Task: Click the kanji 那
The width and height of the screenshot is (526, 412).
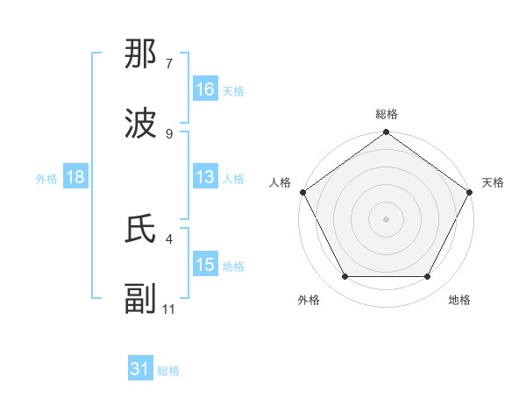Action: pyautogui.click(x=141, y=57)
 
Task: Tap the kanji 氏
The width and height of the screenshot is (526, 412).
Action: pyautogui.click(x=141, y=231)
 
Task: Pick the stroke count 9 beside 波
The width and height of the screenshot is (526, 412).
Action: pyautogui.click(x=169, y=133)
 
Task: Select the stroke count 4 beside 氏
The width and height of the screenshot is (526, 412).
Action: pyautogui.click(x=169, y=238)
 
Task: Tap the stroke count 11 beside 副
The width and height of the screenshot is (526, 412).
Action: pyautogui.click(x=169, y=308)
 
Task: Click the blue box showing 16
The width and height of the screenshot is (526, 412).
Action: pyautogui.click(x=205, y=89)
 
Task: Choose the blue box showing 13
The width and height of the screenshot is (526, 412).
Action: pyautogui.click(x=205, y=177)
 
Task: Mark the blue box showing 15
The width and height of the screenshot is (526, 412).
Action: pyautogui.click(x=205, y=265)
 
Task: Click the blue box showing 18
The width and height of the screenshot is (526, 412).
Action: pyautogui.click(x=75, y=177)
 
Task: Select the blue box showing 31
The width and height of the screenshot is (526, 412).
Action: pyautogui.click(x=140, y=370)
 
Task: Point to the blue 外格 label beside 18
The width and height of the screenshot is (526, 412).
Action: pyautogui.click(x=46, y=178)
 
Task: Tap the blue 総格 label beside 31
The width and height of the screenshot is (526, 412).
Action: pyautogui.click(x=168, y=371)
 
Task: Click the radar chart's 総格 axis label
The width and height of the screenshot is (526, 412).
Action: pyautogui.click(x=386, y=114)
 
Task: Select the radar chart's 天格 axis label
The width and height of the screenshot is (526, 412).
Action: pyautogui.click(x=493, y=182)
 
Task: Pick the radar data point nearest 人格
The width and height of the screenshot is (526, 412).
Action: pyautogui.click(x=302, y=192)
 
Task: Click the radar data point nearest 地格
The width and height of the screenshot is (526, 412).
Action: pyautogui.click(x=428, y=276)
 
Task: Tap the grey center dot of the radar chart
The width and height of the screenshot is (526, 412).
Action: pyautogui.click(x=386, y=219)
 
